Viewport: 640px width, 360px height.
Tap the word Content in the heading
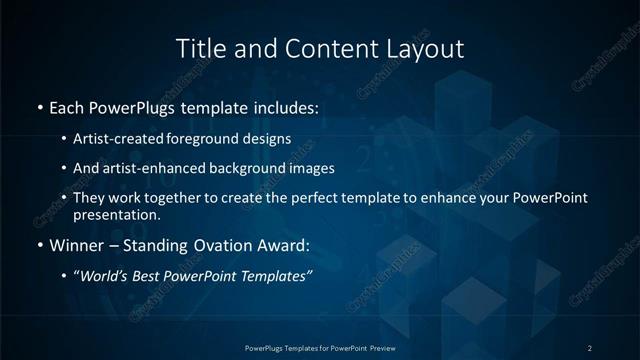pos(321,48)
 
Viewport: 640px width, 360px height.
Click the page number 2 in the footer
pos(590,347)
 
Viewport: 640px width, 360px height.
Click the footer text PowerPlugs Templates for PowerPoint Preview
pos(319,347)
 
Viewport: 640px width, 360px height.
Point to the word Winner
pos(78,245)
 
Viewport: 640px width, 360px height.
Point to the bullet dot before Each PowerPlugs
pos(39,106)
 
